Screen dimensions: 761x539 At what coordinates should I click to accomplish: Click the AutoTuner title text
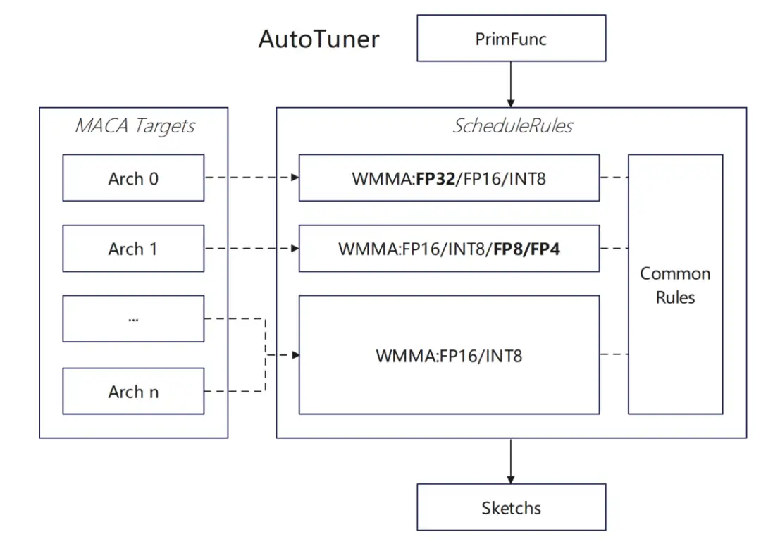[319, 39]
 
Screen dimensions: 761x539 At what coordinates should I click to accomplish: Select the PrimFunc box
[511, 38]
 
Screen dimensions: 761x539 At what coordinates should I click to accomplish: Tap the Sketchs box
[511, 507]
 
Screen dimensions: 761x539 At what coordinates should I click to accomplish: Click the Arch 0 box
[133, 178]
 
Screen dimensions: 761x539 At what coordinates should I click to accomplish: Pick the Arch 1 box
[133, 249]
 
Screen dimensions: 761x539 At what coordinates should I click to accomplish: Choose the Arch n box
[133, 391]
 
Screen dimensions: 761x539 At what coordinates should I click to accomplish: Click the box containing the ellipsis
[133, 318]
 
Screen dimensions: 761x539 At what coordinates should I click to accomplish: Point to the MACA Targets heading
[135, 126]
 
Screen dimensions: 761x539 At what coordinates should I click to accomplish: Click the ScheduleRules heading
[512, 125]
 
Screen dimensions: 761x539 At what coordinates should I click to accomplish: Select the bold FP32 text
[435, 178]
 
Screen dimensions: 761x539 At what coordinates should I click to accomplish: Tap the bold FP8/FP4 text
[526, 249]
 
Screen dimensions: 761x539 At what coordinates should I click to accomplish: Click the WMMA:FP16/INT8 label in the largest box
[449, 356]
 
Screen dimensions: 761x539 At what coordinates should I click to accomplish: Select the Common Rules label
[675, 285]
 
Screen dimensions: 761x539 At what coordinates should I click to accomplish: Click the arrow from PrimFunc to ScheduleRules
[511, 84]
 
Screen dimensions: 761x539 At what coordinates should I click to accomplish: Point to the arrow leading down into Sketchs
[511, 461]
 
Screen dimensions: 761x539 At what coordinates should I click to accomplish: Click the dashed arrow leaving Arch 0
[252, 178]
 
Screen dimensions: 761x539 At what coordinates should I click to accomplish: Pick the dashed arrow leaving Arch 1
[252, 249]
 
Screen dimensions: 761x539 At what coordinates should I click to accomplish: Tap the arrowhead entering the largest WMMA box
[295, 355]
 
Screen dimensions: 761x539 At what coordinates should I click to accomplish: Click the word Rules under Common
[675, 297]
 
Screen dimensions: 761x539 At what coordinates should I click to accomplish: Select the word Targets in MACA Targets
[165, 126]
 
